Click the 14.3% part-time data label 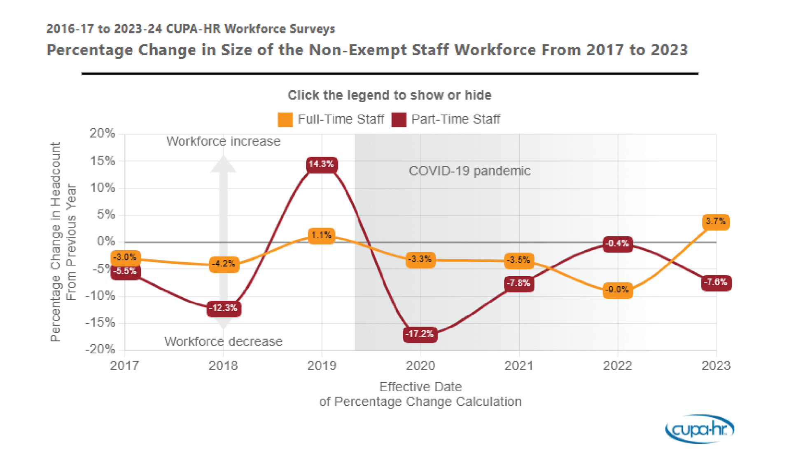tap(322, 164)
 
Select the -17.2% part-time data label tap(420, 334)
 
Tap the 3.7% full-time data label tap(716, 221)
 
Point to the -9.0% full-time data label tap(617, 290)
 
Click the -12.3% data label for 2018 tap(224, 308)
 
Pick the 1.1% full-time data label tap(322, 235)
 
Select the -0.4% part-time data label tap(617, 244)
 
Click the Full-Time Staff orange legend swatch tap(285, 120)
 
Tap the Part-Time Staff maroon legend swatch tap(399, 120)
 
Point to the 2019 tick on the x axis tap(322, 366)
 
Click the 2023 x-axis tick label tap(716, 366)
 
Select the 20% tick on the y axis tap(103, 133)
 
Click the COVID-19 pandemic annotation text tap(469, 171)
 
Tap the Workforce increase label tap(223, 141)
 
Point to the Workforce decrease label tap(223, 341)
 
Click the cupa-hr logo tap(700, 429)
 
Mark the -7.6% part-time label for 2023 tap(716, 282)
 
